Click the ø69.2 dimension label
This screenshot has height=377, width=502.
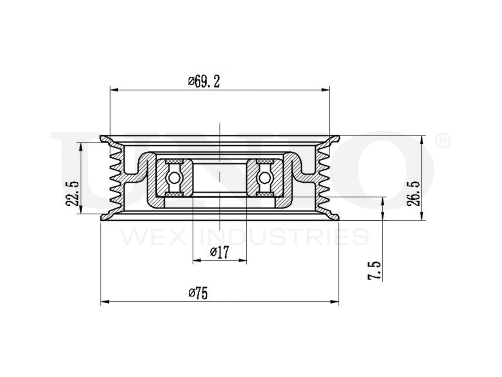[x=204, y=81]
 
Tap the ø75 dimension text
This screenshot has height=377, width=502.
[x=198, y=293]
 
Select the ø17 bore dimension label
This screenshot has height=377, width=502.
[x=219, y=252]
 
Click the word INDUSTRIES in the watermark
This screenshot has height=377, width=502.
[x=284, y=237]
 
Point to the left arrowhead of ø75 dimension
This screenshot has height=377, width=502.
[x=104, y=302]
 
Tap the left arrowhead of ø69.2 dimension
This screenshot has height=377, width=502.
[x=113, y=90]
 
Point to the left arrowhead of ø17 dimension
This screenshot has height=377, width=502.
[x=196, y=260]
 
